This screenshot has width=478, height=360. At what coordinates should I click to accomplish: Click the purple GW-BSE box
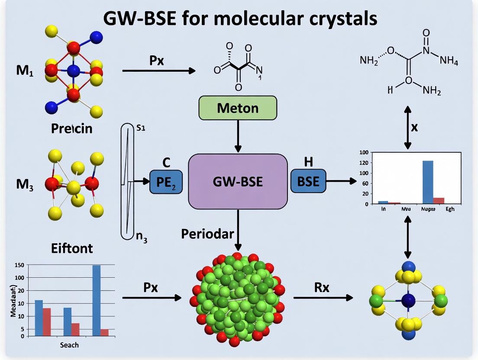click(238, 181)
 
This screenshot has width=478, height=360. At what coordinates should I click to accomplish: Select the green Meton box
click(237, 107)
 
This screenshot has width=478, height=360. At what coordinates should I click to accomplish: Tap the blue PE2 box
click(166, 181)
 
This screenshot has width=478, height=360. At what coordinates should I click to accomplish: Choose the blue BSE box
click(308, 181)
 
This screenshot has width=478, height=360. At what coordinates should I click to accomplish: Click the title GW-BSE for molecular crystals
click(239, 19)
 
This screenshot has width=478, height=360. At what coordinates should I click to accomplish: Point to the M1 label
click(25, 71)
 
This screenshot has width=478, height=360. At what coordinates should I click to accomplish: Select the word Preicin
click(71, 129)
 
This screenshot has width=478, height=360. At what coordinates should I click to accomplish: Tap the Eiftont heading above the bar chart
click(71, 248)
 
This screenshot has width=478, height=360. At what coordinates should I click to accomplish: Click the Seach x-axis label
click(70, 345)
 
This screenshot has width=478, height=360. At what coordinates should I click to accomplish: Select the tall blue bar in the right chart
click(427, 182)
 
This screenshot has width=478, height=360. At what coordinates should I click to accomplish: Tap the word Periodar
click(207, 234)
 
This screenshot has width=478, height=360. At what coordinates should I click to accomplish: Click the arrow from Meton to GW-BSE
click(238, 136)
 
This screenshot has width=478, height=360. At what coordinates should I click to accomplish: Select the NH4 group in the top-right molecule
click(449, 61)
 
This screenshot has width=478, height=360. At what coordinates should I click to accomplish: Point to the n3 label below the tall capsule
click(142, 238)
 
